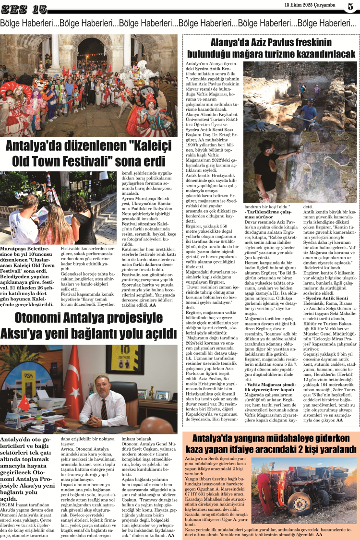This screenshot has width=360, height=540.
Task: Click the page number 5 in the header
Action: pyautogui.click(x=351, y=6)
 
